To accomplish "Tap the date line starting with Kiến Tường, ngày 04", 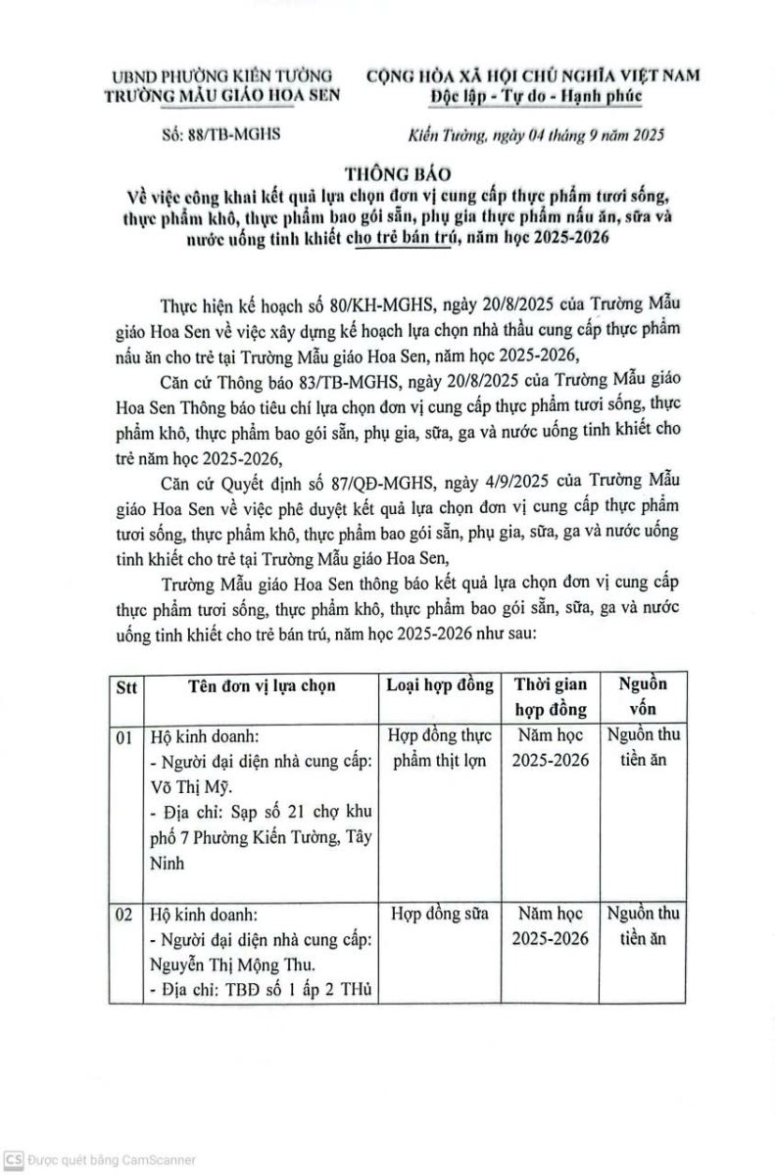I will pos(536,136).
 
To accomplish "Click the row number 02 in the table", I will pos(124,915).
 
